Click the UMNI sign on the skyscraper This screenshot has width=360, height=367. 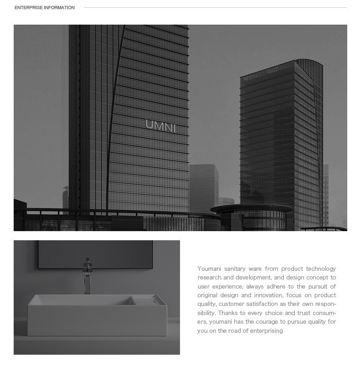pos(160,124)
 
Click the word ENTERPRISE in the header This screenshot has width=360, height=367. pos(28,8)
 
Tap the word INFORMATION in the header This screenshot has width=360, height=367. pos(59,8)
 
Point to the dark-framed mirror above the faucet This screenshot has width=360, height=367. pos(95,254)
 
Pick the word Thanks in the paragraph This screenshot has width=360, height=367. pos(227,313)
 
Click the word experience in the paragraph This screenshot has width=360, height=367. pos(228,287)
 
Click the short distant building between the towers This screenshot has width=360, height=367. pos(204,187)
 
